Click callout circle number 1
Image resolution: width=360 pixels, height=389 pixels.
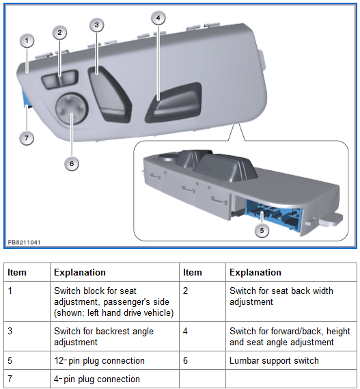coord(27,41)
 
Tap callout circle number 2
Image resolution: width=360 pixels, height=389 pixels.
coord(59,33)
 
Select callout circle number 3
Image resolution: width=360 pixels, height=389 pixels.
coord(97,25)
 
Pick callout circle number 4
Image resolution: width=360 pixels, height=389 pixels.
coord(158,18)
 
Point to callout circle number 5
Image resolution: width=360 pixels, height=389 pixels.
coord(262,230)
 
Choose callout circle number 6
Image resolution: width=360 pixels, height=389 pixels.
coord(72,164)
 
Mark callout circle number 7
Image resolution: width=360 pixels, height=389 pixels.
coord(27,137)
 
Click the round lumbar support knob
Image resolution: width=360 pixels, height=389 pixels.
coord(72,109)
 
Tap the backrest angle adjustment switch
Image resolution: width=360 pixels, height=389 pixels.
coord(109,94)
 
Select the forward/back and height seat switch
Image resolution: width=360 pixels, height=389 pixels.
coord(174,103)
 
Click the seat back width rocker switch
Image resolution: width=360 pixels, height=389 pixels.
coord(59,79)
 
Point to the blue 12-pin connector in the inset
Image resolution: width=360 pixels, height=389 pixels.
coord(274,215)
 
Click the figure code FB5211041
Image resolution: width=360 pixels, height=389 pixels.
coord(24,243)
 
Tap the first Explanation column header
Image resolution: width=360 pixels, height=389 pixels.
coord(80,272)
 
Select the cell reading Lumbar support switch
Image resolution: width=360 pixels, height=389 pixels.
coord(274,361)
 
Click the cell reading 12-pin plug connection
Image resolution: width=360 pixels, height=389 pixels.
coord(99,361)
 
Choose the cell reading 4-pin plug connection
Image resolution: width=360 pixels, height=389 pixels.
coord(97,379)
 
